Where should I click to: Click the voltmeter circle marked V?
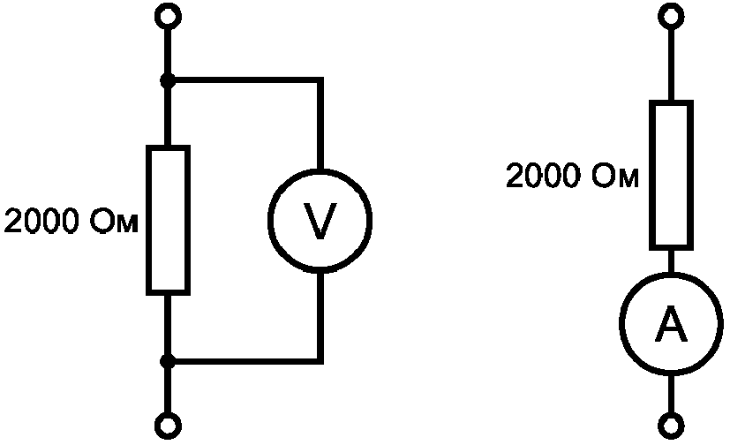(x=269, y=221)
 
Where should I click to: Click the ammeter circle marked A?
(x=621, y=323)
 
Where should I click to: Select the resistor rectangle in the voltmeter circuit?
(x=149, y=220)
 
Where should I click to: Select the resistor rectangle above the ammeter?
(x=651, y=175)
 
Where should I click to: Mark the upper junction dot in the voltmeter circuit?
(x=168, y=80)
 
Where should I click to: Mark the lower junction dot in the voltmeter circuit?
(x=168, y=361)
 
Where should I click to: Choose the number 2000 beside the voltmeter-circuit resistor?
(x=41, y=221)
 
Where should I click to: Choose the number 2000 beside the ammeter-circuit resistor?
(x=543, y=176)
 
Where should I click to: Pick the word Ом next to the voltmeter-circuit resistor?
(x=114, y=221)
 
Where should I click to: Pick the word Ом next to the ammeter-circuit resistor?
(x=615, y=176)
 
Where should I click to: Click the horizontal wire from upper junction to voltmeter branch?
(x=245, y=80)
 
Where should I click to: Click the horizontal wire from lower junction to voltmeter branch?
(x=245, y=361)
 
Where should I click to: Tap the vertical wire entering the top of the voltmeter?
(x=320, y=124)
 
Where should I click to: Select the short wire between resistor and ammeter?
(x=671, y=261)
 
